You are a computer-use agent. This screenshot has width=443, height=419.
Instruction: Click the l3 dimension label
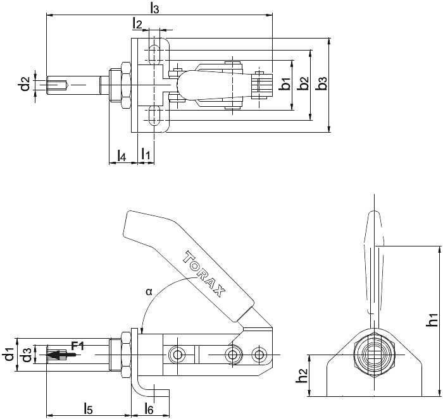(x=154, y=8)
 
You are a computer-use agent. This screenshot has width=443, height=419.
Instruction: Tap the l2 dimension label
(x=137, y=24)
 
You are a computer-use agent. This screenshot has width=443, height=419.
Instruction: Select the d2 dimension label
(x=25, y=83)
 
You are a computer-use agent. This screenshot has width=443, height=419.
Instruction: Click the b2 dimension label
(x=304, y=83)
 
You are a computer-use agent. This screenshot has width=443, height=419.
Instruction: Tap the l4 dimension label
(x=122, y=155)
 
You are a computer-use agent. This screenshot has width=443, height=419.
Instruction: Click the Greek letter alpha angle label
(x=149, y=292)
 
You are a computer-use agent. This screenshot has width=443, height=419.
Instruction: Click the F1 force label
(x=77, y=346)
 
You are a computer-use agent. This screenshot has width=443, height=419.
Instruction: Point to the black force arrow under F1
(x=61, y=355)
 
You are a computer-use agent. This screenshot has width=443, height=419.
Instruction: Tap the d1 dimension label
(x=10, y=355)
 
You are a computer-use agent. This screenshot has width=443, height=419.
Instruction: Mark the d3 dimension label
(x=27, y=355)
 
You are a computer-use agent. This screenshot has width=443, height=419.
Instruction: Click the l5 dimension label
(x=88, y=409)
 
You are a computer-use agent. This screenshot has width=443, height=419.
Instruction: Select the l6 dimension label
(x=149, y=409)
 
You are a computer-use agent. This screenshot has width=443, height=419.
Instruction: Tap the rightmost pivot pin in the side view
(x=258, y=355)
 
